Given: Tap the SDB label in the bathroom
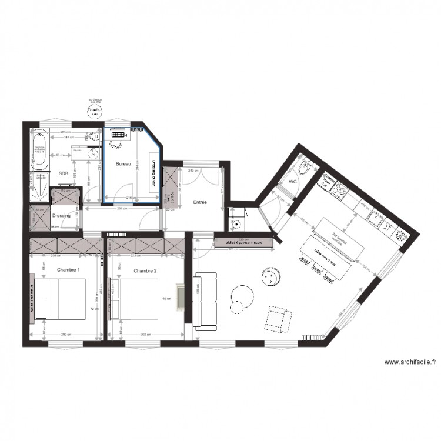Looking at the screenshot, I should [63, 173].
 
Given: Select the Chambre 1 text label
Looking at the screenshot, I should [68, 270].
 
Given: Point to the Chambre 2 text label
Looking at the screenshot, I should [145, 270].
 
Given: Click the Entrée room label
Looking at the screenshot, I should [201, 202].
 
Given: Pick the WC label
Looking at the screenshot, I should [292, 182].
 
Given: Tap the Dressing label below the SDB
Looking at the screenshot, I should [61, 216].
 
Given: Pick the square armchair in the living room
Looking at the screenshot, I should [279, 318].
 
